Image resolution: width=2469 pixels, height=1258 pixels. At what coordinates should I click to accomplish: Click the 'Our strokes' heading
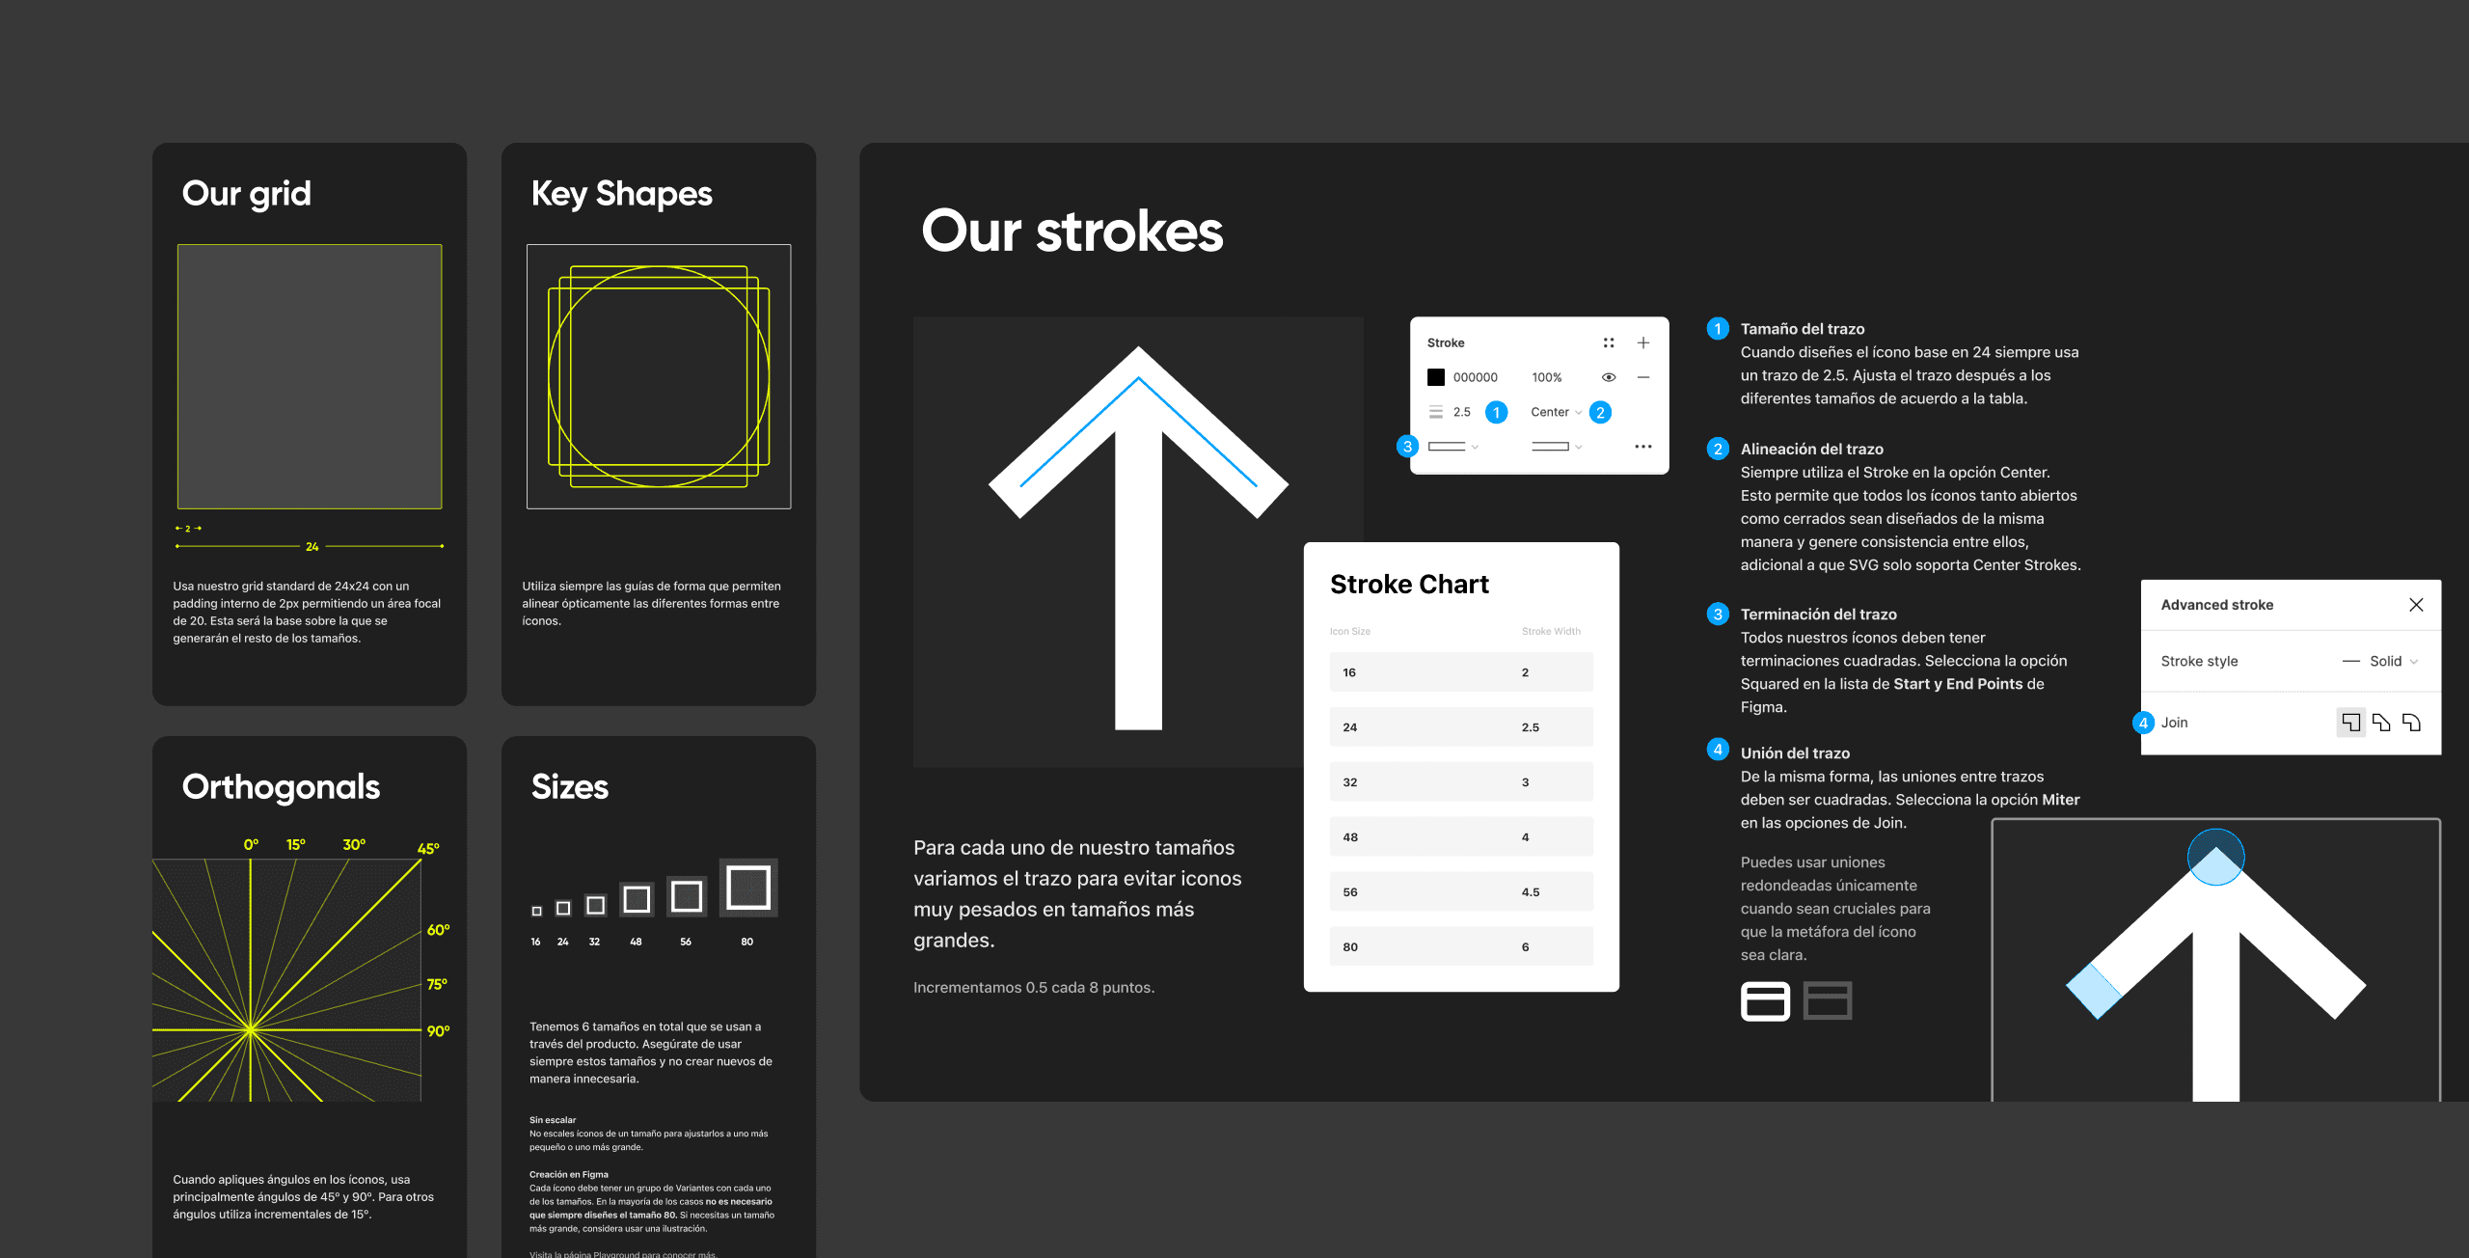coord(1072,232)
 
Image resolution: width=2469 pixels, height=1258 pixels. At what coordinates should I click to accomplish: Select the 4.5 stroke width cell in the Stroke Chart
coord(1531,892)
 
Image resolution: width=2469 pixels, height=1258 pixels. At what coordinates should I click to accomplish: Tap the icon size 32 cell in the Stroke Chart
coord(1350,782)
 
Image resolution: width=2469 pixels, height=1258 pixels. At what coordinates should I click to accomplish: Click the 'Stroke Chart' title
coord(1409,585)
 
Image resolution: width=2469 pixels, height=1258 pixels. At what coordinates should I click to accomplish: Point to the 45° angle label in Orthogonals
coord(428,849)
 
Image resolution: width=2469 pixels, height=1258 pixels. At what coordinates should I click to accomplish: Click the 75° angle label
coord(437,984)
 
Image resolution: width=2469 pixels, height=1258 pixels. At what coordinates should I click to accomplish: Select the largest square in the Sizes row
coord(748,888)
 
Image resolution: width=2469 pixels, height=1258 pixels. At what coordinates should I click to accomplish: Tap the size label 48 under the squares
coord(636,942)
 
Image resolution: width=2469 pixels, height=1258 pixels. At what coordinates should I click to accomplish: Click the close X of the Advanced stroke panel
coord(2416,605)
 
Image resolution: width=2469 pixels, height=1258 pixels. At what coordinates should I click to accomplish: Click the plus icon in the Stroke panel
coord(1643,342)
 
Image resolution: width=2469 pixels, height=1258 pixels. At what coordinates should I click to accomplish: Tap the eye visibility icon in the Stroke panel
coord(1609,377)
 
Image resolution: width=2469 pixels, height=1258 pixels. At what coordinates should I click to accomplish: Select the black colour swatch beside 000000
coord(1436,377)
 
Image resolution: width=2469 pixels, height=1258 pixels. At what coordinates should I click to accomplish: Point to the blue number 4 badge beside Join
coord(2143,723)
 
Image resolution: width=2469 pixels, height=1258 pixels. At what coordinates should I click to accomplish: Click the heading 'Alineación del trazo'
coord(1811,449)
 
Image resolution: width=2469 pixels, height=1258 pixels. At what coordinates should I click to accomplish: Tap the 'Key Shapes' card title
coord(622,194)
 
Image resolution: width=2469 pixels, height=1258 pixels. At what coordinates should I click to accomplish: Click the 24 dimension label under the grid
coord(312,547)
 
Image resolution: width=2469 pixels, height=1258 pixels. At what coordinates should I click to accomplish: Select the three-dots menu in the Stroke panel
coord(1643,447)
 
